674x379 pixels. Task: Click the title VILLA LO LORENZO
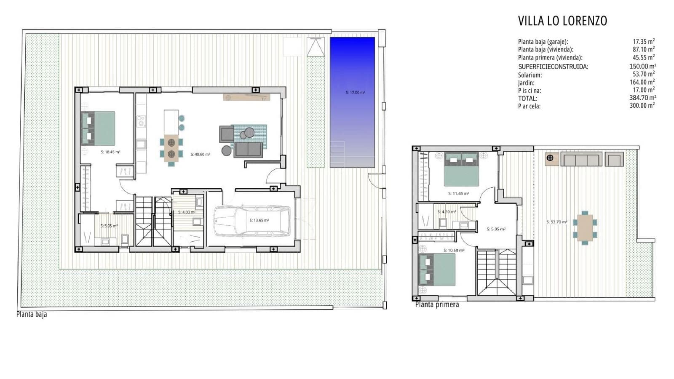[562, 21]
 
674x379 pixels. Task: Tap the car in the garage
[252, 221]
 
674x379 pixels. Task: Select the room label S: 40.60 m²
[200, 155]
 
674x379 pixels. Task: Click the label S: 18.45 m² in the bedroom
[110, 152]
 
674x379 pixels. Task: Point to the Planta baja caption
[32, 314]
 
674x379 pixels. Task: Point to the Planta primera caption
[437, 304]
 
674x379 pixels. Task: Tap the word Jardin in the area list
[526, 83]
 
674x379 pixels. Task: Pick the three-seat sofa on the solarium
[581, 160]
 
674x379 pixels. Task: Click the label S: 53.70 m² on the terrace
[556, 222]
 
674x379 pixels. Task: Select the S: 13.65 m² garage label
[259, 220]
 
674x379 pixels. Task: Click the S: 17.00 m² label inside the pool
[355, 92]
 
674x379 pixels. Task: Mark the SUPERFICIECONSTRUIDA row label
[553, 67]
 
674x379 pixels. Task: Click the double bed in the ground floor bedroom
[98, 128]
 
